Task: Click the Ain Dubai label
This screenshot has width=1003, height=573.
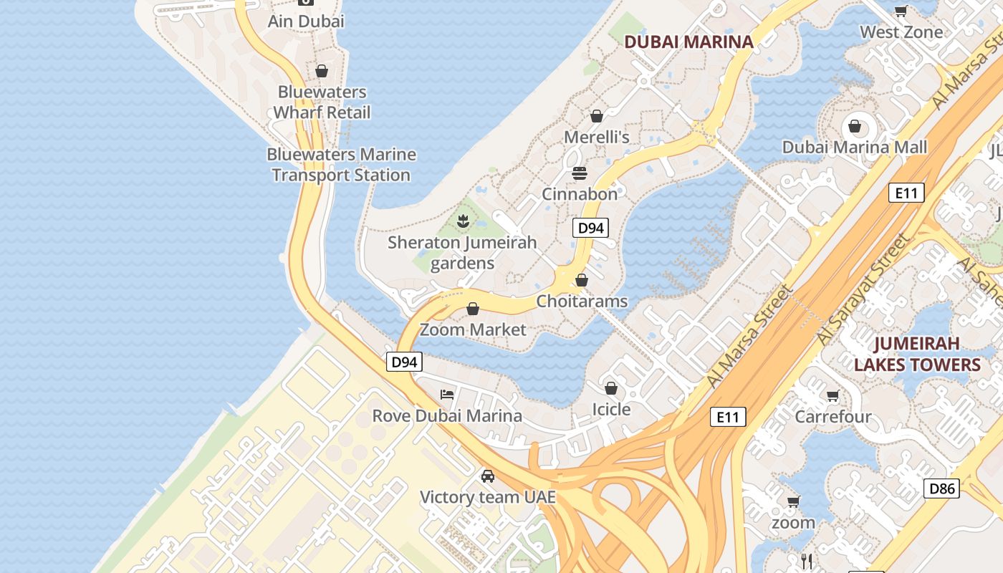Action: tap(306, 21)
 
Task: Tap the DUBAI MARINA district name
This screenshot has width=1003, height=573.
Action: tap(688, 42)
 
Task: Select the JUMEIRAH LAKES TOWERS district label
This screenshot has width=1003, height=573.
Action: tap(917, 354)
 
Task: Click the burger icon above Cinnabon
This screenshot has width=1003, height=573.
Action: tap(580, 173)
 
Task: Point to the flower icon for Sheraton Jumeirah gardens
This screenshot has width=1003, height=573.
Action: tap(463, 221)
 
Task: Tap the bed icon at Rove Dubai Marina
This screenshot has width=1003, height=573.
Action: tap(447, 395)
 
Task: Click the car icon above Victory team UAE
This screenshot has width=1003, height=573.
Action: tap(487, 476)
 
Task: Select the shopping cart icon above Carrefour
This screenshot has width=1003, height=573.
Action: tap(832, 396)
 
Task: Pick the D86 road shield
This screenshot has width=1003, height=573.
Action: tap(941, 488)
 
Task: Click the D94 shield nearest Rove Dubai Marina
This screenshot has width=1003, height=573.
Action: tap(404, 362)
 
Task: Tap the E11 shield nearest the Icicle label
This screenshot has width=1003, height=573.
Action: tap(728, 417)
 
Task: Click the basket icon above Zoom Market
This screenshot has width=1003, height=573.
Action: tap(473, 309)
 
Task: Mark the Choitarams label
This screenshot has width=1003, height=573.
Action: tap(582, 302)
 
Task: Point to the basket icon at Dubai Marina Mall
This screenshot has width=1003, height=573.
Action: tap(854, 127)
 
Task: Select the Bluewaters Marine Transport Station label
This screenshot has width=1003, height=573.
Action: tap(341, 165)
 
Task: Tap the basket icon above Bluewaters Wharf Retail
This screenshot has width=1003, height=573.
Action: tap(322, 71)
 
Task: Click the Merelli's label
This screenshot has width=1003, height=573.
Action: tap(597, 137)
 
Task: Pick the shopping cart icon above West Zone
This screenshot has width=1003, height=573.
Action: tap(901, 11)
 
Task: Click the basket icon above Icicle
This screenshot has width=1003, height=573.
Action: tap(611, 388)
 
